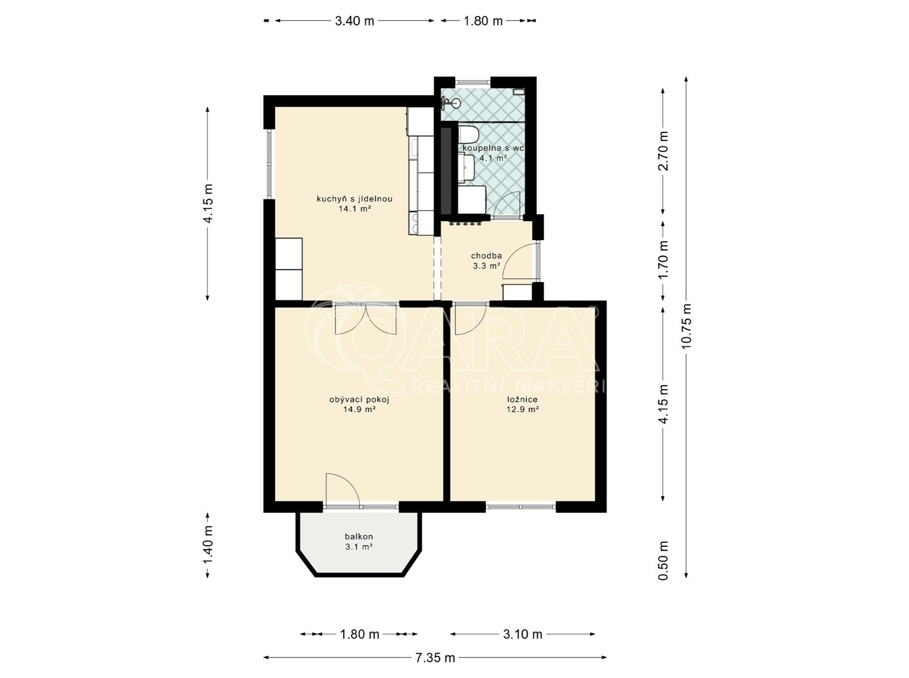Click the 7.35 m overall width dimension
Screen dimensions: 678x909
click(x=435, y=658)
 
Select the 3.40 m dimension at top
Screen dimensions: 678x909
click(x=355, y=21)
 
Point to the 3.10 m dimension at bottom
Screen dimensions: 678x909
click(x=522, y=634)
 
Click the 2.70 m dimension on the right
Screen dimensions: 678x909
click(x=663, y=150)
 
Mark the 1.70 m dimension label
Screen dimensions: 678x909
click(x=663, y=261)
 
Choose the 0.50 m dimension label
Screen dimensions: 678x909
click(x=663, y=560)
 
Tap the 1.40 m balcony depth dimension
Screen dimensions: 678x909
click(x=209, y=544)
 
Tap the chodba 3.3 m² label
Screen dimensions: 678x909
click(x=486, y=261)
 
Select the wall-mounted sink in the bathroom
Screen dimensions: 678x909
click(x=452, y=103)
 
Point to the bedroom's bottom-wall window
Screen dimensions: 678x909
click(x=520, y=506)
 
